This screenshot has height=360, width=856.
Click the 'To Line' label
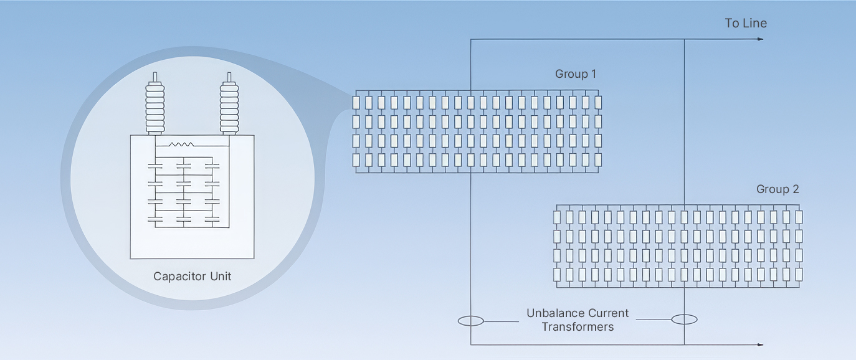point(746,23)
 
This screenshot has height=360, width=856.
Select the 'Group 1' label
point(576,73)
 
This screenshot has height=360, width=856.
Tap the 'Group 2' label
point(778,189)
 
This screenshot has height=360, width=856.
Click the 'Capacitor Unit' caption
point(193,277)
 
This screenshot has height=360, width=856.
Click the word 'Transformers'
point(578,327)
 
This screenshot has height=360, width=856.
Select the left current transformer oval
point(471,321)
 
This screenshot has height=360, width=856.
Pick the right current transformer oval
point(685,320)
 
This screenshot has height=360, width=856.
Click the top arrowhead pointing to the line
point(761,39)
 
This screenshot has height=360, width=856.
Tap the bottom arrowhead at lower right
point(761,344)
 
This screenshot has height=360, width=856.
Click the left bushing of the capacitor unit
point(155,103)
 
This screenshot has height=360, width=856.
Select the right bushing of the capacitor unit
point(229,103)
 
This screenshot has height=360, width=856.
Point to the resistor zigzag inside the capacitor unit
point(181,144)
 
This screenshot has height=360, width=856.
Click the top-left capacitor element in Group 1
point(356,103)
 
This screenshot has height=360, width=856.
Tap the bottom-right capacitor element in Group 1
point(599,159)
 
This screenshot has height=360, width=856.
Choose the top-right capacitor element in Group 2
point(799,217)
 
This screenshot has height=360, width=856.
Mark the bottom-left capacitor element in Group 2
point(557,275)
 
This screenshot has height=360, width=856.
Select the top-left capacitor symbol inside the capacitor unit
point(155,166)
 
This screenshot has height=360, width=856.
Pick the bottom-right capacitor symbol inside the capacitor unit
point(212,220)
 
